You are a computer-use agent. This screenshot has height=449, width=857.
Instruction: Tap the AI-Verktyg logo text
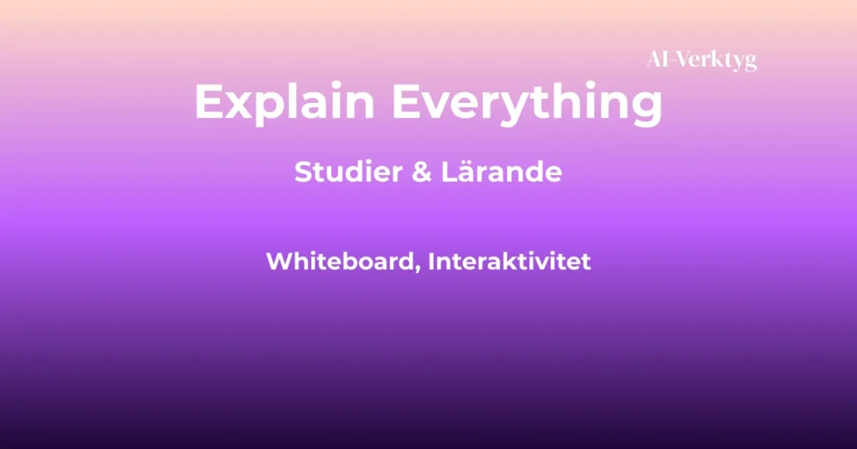pos(701,60)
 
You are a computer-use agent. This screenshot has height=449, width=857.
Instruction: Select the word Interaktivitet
pos(510,261)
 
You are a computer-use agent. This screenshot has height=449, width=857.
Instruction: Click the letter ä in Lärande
pos(456,173)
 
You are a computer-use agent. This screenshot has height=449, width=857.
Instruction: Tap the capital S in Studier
pos(303,173)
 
